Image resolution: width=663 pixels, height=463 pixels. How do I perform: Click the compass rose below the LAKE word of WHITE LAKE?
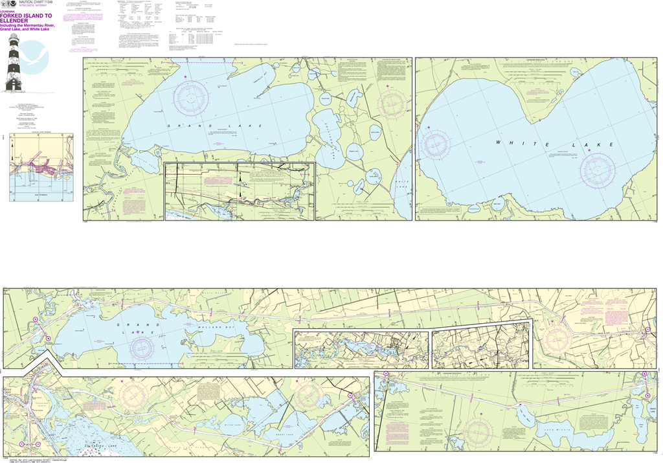tap(597, 170)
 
